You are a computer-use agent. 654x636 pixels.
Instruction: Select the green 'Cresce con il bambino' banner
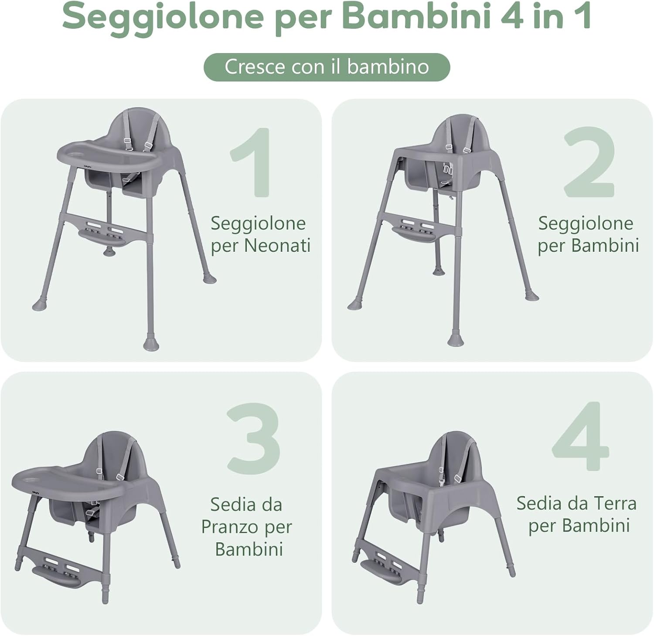(x=327, y=67)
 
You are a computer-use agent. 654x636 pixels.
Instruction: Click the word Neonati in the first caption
(x=277, y=246)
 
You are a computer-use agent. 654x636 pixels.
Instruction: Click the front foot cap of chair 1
(x=151, y=345)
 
